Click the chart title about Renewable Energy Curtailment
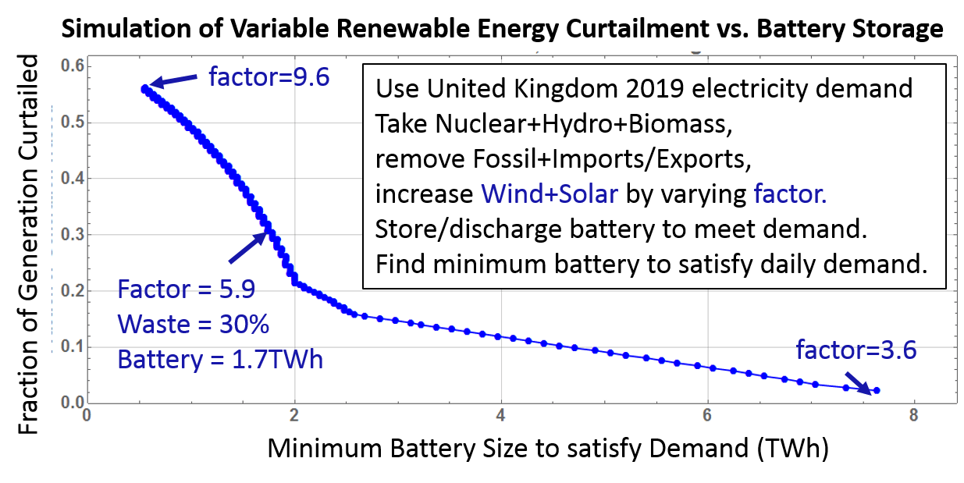point(501,30)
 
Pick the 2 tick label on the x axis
point(294,415)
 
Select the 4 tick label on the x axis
point(501,415)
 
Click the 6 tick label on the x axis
point(707,415)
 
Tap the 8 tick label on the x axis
point(913,415)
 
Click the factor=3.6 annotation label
point(856,350)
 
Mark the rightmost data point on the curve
point(877,390)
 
